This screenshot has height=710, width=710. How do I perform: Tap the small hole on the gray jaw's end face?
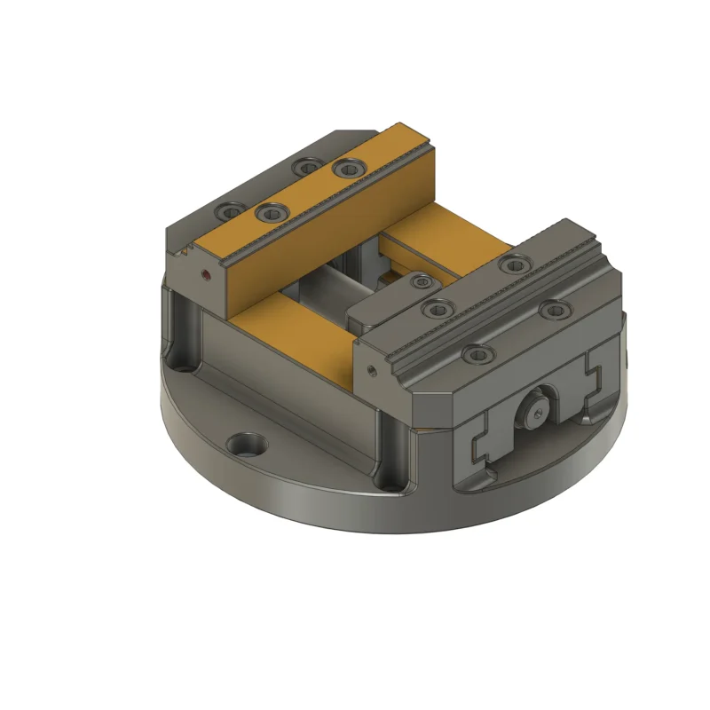(x=371, y=367)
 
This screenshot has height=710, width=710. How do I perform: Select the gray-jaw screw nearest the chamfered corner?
(x=479, y=354)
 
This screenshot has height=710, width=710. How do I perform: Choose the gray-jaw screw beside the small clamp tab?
(x=436, y=308)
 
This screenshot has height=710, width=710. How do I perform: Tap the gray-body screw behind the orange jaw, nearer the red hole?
(x=231, y=212)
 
